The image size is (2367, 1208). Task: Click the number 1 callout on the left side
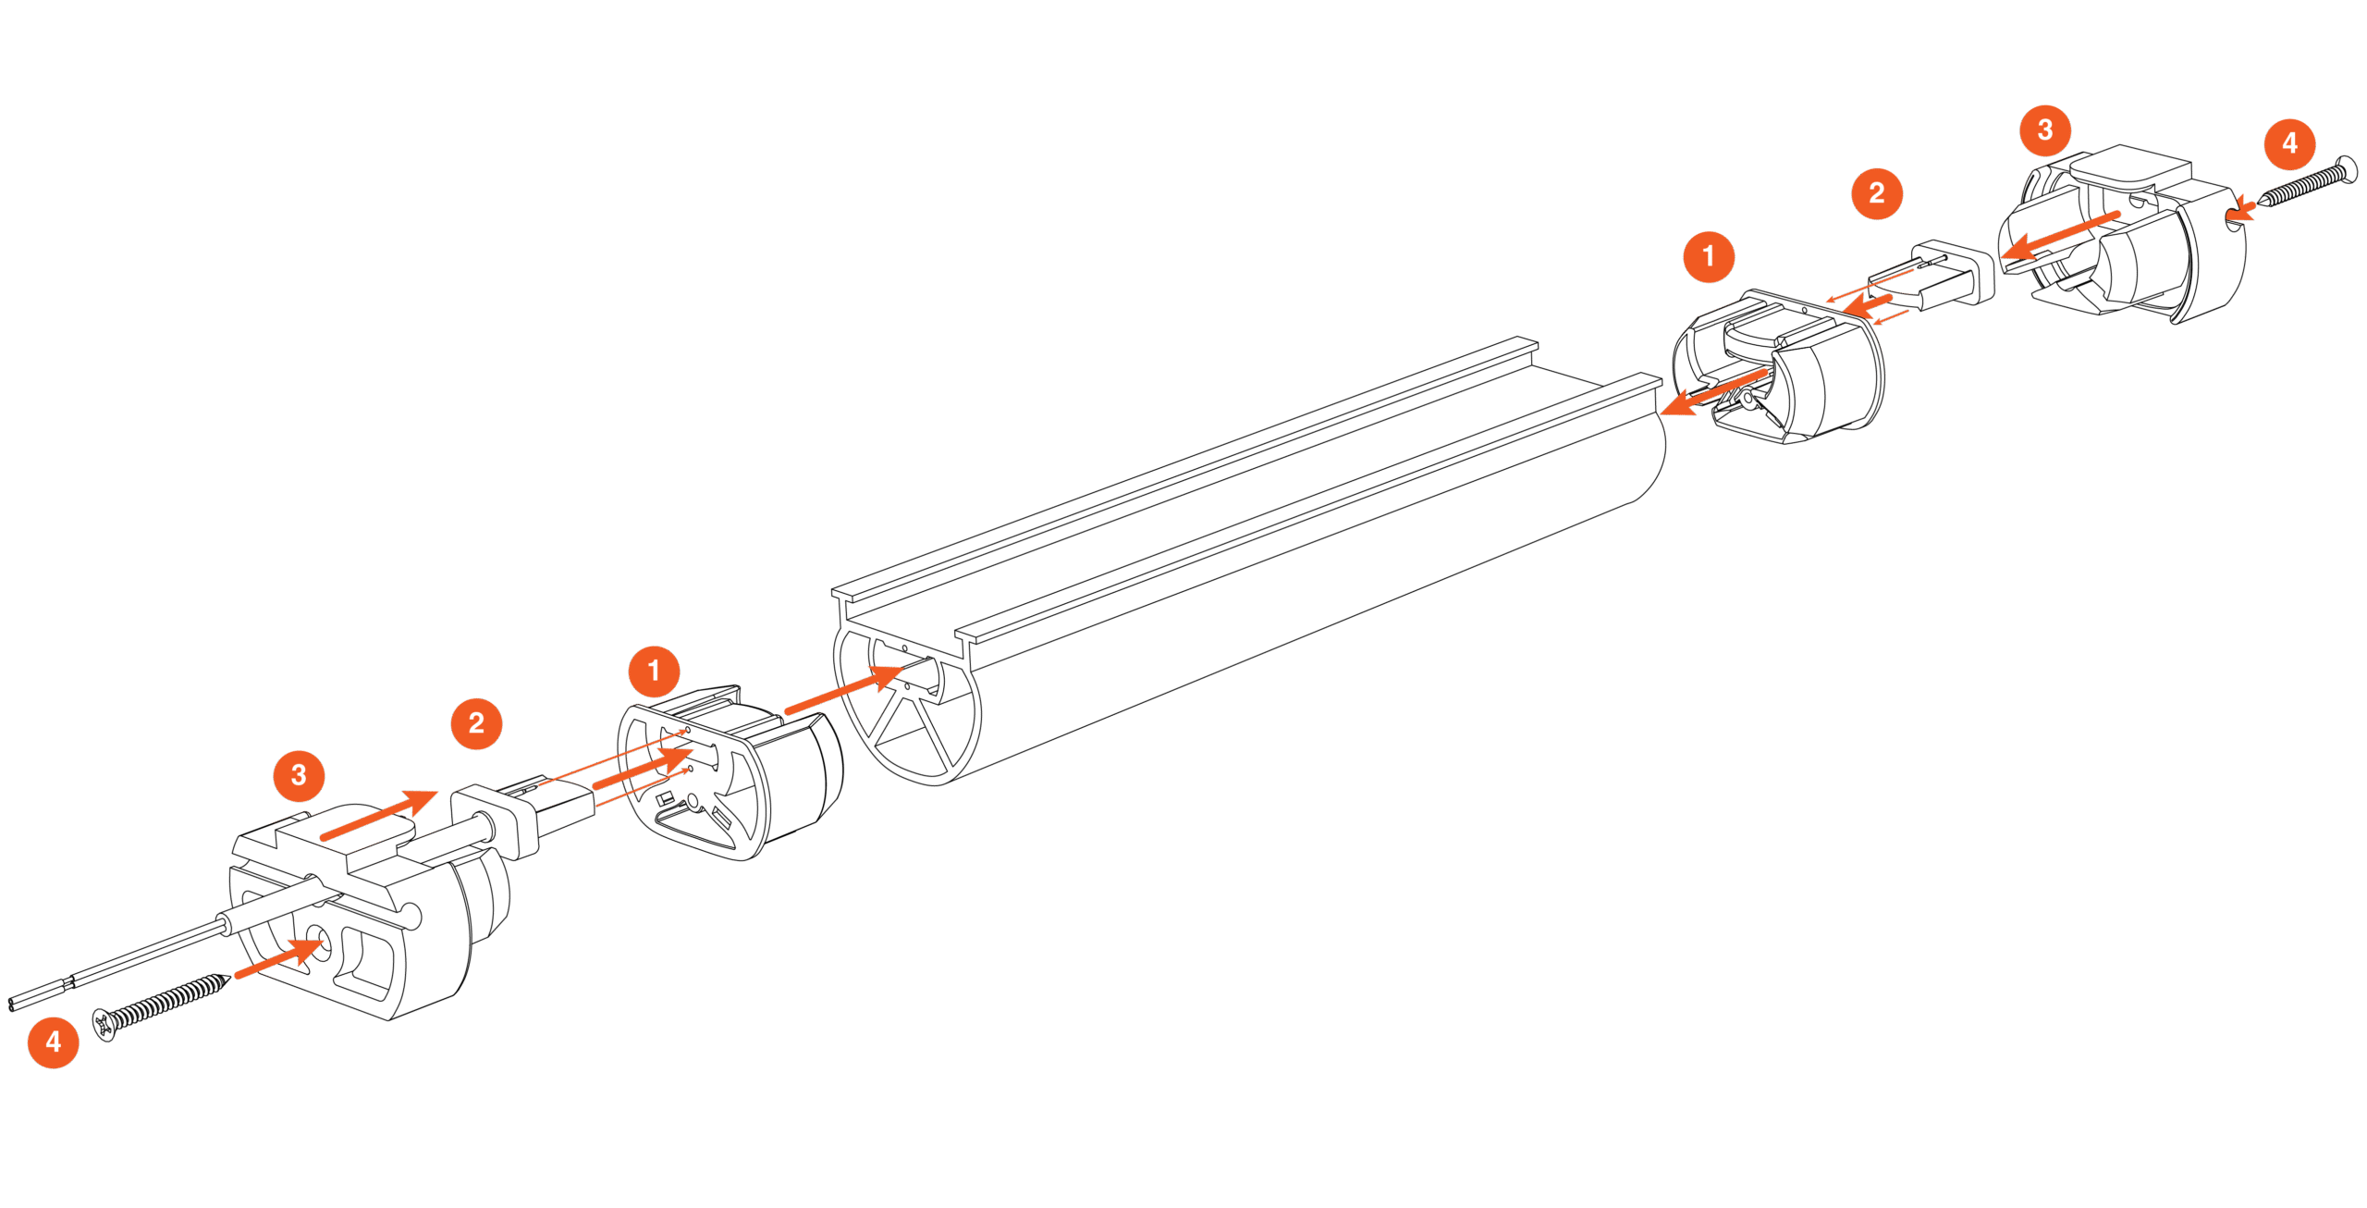pos(654,672)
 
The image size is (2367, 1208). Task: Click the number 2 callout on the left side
pos(476,723)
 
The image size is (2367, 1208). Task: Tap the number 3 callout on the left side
pos(299,775)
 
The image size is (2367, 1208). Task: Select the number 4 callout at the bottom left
pos(53,1042)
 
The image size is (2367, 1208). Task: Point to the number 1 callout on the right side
pos(1708,256)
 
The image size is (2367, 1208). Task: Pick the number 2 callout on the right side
pos(1876,193)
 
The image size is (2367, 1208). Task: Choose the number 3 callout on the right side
pos(2044,130)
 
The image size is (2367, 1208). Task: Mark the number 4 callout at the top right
pos(2289,144)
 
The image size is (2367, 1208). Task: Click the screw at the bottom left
pos(162,1005)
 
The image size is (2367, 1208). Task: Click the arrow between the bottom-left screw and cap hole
pos(277,958)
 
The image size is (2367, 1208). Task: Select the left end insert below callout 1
pos(730,777)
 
